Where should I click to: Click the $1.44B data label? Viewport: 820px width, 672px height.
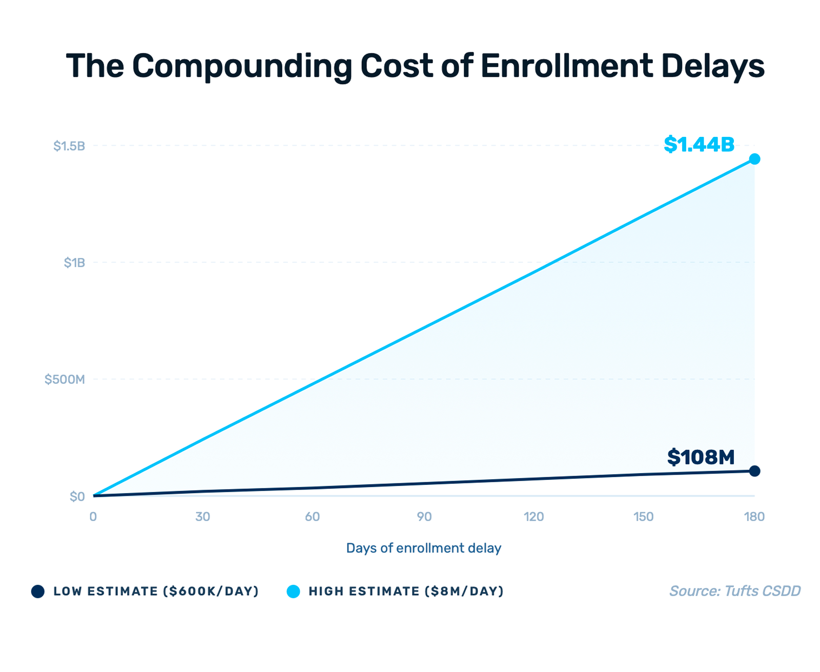pos(699,145)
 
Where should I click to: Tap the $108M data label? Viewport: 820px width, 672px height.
pos(701,457)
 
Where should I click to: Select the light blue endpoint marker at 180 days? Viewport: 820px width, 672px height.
pos(754,159)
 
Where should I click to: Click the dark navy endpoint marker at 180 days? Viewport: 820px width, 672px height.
pos(754,471)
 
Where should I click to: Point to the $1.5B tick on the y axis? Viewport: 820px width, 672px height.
pos(69,146)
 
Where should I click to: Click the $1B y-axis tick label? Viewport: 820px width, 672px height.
pos(74,263)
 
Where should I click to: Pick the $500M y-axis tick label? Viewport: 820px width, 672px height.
pos(65,380)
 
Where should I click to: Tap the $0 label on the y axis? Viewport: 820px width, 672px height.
pos(77,497)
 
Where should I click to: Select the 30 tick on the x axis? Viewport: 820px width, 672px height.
pos(202,517)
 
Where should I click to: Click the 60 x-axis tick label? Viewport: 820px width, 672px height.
pos(312,517)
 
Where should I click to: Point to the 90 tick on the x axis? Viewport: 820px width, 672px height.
pos(424,517)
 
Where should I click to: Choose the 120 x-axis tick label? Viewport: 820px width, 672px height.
pos(534,517)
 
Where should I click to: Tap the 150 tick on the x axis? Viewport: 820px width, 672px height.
pos(643,517)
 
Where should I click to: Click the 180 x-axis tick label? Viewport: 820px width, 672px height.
pos(754,517)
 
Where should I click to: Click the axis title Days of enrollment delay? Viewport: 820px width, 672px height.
pos(423,548)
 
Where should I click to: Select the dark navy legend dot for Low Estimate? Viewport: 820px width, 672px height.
pos(38,592)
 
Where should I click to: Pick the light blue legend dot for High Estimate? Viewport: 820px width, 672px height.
pos(293,592)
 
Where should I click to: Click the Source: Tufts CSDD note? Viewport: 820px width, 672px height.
pos(734,591)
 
